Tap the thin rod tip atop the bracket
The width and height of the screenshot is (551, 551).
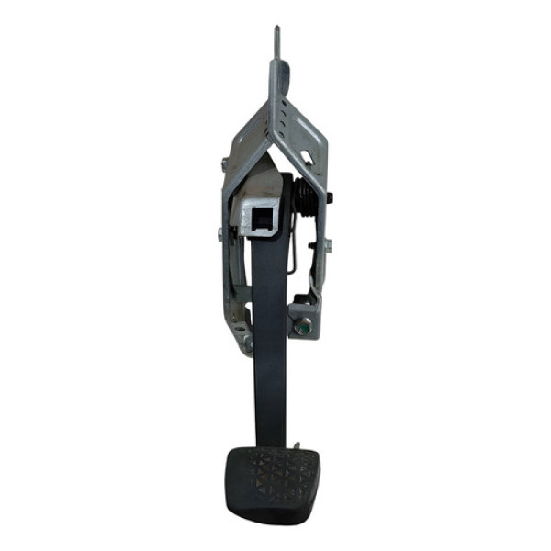(x=276, y=37)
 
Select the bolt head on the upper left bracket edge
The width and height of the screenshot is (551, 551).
(x=224, y=164)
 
